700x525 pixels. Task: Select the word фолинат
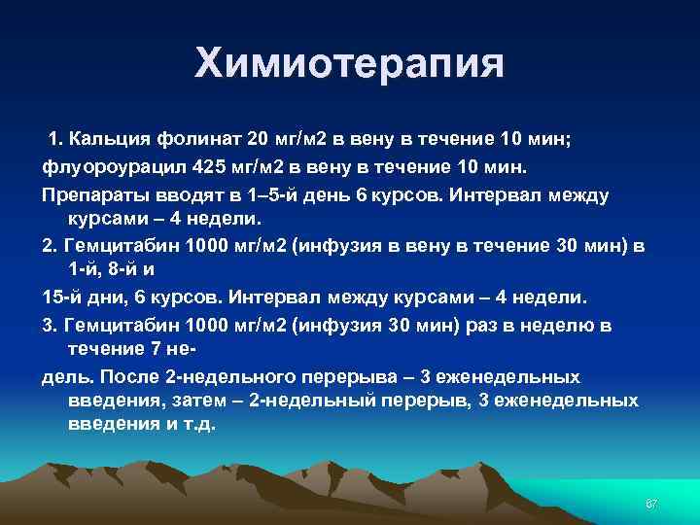pos(195,138)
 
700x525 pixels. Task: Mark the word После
pos(127,376)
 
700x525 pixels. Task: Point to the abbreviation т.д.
pos(197,425)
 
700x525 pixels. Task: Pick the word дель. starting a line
pos(64,376)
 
